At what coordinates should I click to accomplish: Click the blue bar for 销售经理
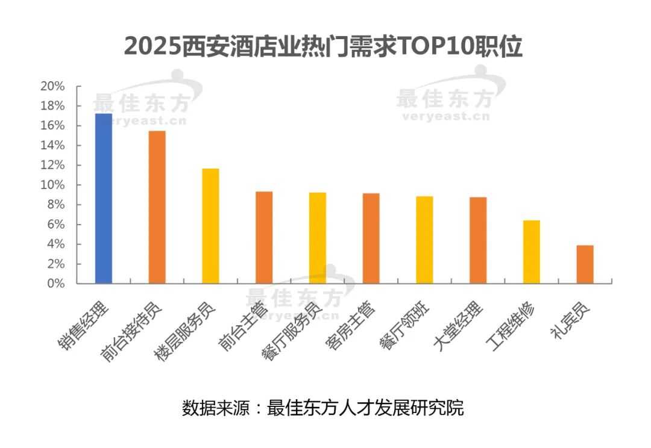click(x=104, y=198)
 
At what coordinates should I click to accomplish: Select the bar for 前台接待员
click(x=157, y=207)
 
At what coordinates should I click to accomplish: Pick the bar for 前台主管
click(x=264, y=237)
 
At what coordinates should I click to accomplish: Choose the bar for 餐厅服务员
click(x=318, y=238)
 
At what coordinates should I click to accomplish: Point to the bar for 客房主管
click(x=371, y=238)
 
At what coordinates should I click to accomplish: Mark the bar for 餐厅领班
click(x=424, y=240)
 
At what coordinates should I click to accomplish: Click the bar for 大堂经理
click(x=478, y=240)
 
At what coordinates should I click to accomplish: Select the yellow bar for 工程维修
click(x=532, y=252)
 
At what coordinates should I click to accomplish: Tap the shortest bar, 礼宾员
click(x=585, y=264)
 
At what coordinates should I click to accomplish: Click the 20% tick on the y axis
click(x=52, y=86)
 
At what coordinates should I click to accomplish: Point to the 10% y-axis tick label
click(x=52, y=185)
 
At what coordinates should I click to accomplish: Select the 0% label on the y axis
click(x=55, y=284)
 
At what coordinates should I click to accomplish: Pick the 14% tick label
click(x=52, y=145)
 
